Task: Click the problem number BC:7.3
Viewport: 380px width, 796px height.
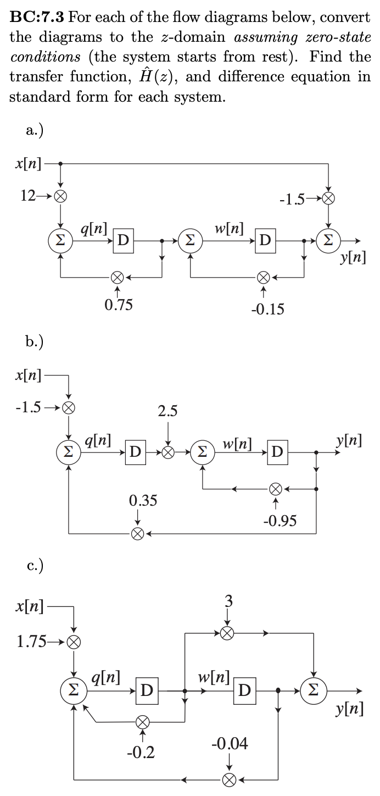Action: (x=37, y=17)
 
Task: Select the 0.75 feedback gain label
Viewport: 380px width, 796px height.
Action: (x=119, y=304)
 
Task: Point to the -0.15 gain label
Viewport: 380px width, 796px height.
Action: (x=267, y=309)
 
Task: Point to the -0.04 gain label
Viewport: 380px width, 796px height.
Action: (x=230, y=744)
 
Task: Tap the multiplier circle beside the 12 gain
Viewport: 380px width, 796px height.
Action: (x=60, y=196)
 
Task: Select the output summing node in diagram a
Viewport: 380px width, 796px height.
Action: (x=328, y=241)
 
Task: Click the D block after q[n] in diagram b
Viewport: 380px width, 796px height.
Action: (x=135, y=452)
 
